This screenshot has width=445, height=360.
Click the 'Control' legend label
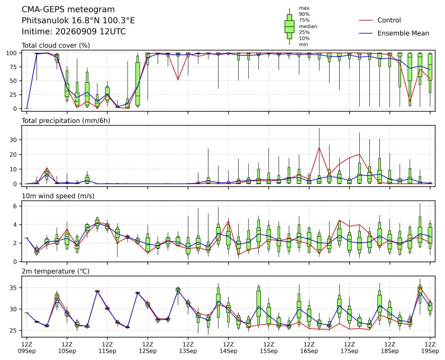[389, 20]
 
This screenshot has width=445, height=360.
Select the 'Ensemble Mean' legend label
[403, 33]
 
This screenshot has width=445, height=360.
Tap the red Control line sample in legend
[366, 20]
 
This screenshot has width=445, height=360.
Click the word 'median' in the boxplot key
[308, 26]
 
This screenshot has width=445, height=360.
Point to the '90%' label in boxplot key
[304, 14]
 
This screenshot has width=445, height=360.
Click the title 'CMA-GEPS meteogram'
[68, 10]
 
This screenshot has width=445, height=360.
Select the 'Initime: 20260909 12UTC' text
[74, 31]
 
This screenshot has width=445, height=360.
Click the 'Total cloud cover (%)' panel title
[56, 46]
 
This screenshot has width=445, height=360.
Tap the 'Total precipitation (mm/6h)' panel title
[66, 121]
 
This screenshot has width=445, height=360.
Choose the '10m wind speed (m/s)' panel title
[58, 196]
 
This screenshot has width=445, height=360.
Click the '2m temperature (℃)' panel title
[56, 272]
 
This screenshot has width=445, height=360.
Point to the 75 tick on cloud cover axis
[14, 67]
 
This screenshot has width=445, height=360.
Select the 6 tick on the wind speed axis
[15, 206]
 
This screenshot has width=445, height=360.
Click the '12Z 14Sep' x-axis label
[229, 348]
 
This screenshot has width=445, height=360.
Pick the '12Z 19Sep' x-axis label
[430, 348]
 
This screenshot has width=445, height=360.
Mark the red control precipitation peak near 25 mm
[319, 148]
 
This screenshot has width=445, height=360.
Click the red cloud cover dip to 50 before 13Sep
[178, 79]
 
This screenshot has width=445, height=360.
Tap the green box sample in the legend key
[289, 26]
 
